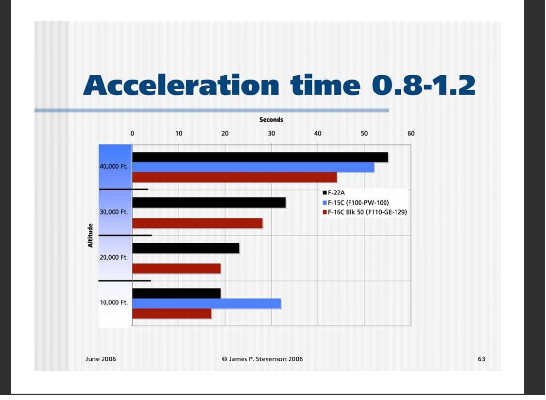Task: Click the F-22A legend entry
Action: (x=334, y=193)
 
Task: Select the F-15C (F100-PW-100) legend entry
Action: (x=356, y=202)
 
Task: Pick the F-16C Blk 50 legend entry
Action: (x=365, y=212)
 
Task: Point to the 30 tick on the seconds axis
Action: (x=271, y=133)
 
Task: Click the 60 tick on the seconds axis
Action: (x=411, y=133)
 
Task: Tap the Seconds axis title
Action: (x=271, y=119)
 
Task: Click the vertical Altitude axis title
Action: (x=90, y=235)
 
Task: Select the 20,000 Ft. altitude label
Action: (x=114, y=257)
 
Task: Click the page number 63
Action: (x=481, y=359)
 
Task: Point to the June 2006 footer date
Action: (x=101, y=359)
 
